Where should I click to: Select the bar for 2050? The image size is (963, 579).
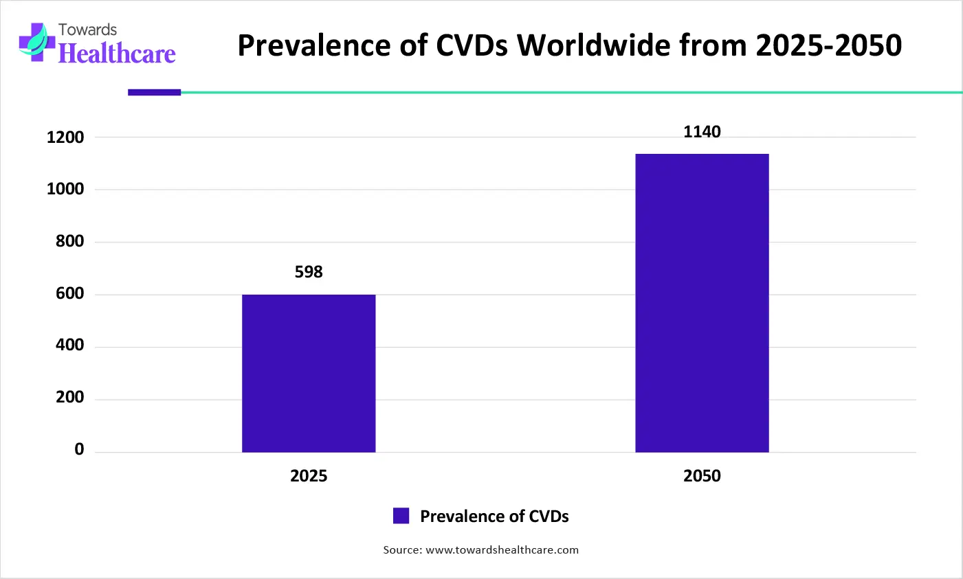(702, 303)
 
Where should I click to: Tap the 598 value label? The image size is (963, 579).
(309, 272)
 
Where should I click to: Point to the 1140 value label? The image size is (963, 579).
(702, 132)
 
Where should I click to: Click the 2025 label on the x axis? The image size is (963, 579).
(309, 476)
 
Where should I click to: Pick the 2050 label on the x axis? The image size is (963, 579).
(702, 476)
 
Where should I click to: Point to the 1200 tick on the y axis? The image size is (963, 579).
(65, 137)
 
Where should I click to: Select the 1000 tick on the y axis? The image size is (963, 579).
(65, 190)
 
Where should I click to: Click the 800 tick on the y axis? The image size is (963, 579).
(69, 242)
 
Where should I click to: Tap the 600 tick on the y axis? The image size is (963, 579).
(69, 294)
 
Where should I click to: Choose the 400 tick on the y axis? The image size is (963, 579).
(69, 345)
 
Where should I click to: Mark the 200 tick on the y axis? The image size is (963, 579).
(69, 398)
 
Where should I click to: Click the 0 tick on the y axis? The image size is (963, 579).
(79, 450)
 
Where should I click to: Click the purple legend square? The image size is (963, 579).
(401, 516)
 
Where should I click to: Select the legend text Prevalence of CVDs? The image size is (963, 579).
(494, 516)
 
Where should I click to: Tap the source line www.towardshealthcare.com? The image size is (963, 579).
(481, 550)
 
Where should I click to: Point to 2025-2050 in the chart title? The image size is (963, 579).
(828, 45)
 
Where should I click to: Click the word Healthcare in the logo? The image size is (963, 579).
(117, 54)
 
